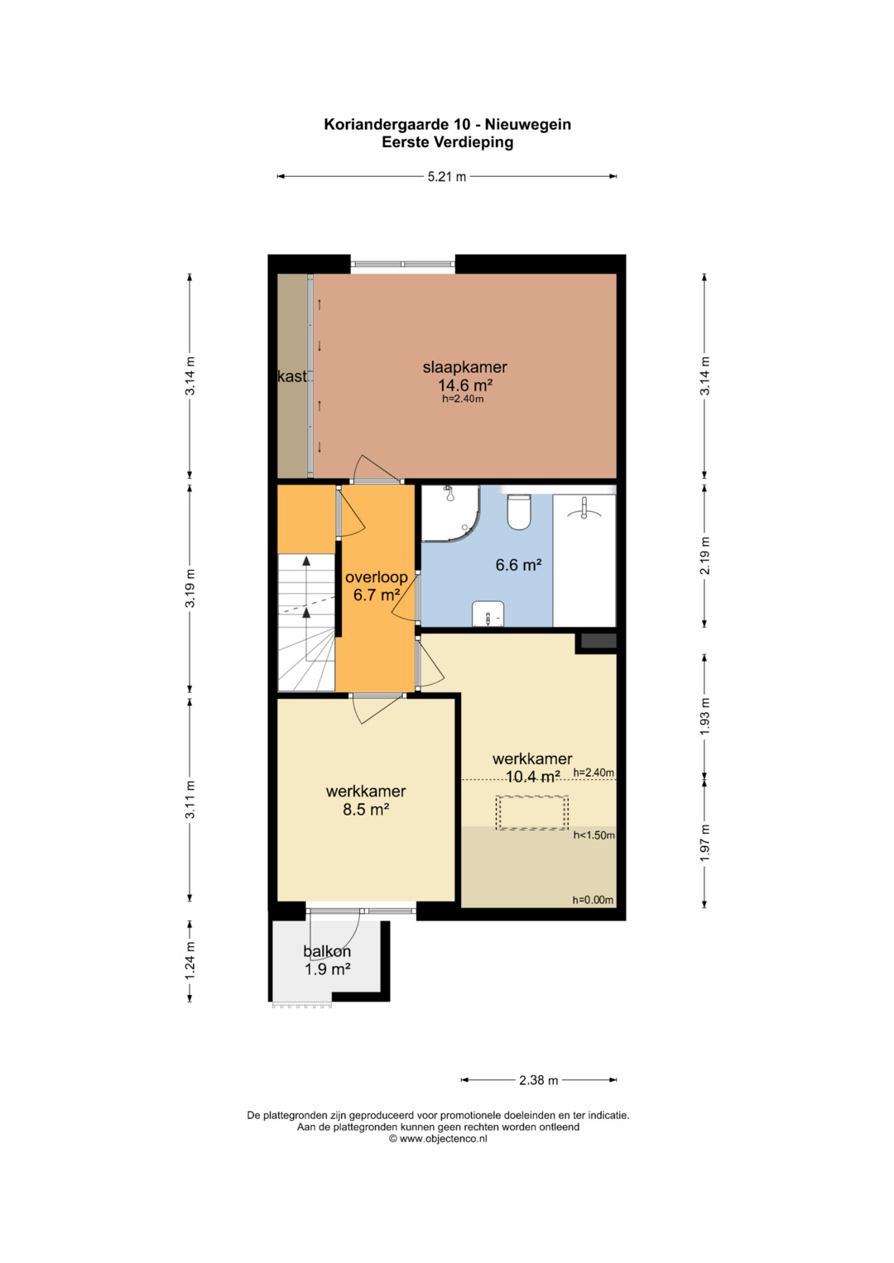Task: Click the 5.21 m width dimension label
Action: click(x=446, y=176)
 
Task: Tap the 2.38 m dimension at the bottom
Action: click(x=538, y=1079)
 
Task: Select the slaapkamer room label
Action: click(x=464, y=367)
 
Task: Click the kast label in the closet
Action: click(x=291, y=376)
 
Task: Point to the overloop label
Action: click(x=377, y=576)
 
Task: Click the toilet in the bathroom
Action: click(x=519, y=511)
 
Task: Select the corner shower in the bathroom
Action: click(x=451, y=514)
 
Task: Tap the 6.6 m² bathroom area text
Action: click(x=519, y=564)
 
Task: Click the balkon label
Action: click(x=327, y=951)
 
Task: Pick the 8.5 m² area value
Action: click(x=366, y=810)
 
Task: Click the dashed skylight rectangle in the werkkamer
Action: click(x=531, y=812)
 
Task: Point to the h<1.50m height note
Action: click(x=594, y=835)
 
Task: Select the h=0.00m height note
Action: click(x=593, y=900)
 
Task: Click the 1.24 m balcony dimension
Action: click(x=190, y=960)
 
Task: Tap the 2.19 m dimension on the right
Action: click(x=705, y=555)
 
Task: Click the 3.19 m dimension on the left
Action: click(x=190, y=588)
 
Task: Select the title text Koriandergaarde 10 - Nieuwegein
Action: click(x=447, y=124)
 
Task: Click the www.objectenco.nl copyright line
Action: click(x=438, y=1138)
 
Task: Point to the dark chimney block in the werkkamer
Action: click(x=598, y=641)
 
